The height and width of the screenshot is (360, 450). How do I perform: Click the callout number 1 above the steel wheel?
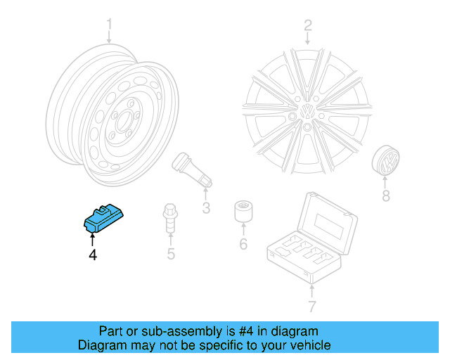[x=110, y=27]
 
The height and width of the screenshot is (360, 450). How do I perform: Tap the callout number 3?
[x=206, y=207]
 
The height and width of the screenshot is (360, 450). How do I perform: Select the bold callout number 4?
[x=92, y=255]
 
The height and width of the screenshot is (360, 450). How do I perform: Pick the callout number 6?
[x=243, y=245]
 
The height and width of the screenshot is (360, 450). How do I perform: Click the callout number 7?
[x=312, y=306]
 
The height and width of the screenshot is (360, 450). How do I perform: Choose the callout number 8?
[x=385, y=196]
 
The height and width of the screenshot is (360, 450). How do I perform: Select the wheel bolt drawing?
[x=169, y=219]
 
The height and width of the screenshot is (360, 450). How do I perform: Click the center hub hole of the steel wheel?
[x=129, y=116]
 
